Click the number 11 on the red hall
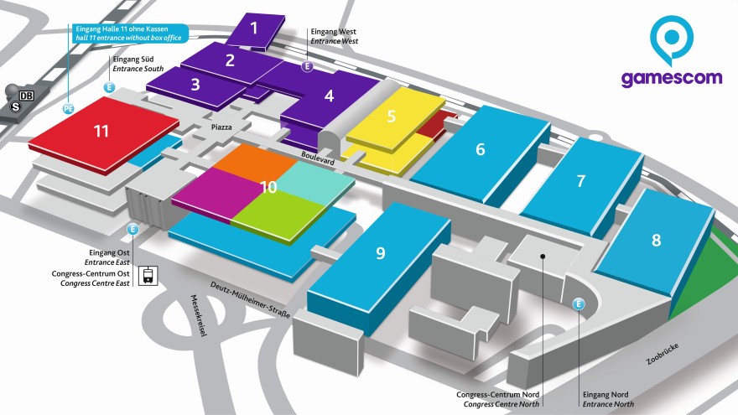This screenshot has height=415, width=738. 101,131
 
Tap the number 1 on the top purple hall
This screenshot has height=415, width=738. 254,29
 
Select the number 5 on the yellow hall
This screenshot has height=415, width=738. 392,116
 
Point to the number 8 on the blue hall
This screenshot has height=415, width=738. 656,240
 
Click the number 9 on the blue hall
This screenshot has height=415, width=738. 380,253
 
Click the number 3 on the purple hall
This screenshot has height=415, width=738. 195,84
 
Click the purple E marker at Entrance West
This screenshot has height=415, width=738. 308,66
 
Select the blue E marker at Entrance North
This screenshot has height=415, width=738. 579,303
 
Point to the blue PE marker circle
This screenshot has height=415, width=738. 69,108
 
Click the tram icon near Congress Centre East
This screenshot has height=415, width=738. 148,275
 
